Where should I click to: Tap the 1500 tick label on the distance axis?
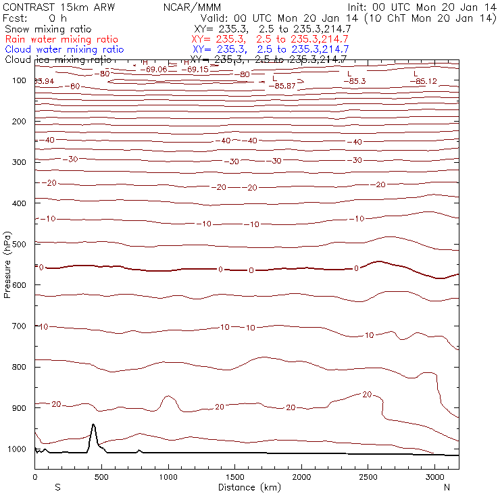point(234,476)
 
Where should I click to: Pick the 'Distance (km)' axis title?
point(247,486)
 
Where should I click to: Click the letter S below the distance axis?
point(58,486)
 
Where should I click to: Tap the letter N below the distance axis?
point(447,486)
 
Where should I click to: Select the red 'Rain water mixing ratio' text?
point(61,39)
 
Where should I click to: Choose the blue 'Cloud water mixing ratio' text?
point(64,49)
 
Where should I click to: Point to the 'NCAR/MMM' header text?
point(192,7)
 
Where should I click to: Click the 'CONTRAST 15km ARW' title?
point(50,7)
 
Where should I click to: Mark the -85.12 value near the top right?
point(423,82)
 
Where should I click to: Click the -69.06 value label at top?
point(155,69)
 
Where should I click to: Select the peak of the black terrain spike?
point(93,425)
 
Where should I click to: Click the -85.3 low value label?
point(353,81)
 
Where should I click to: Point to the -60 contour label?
point(74,86)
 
